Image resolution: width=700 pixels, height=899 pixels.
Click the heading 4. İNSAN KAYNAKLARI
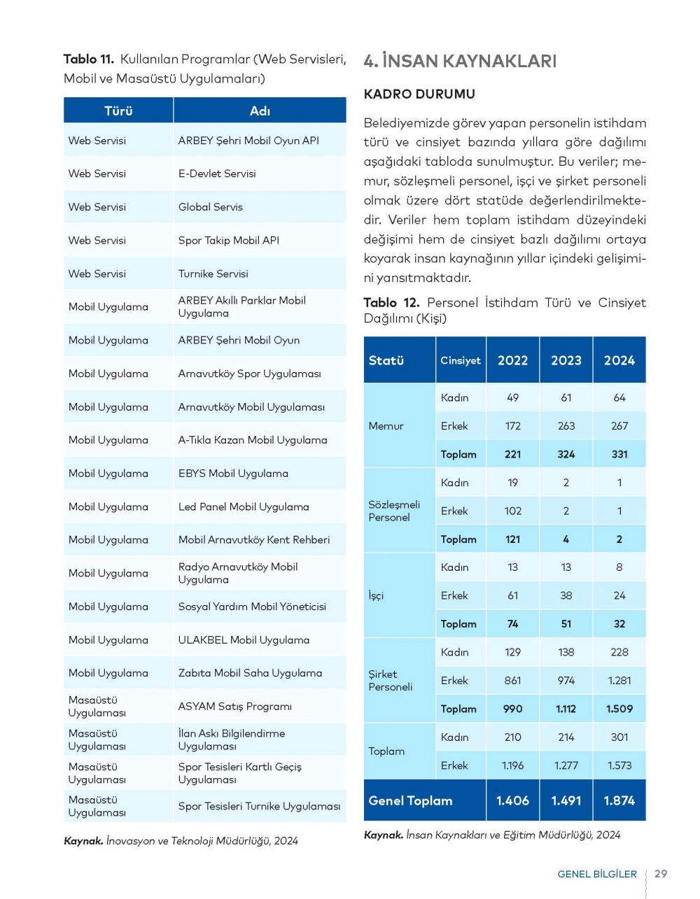(460, 62)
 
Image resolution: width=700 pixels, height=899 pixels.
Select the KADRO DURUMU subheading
(419, 94)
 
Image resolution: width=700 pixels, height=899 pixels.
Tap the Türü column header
(118, 111)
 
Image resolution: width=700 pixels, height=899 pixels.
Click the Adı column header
(260, 111)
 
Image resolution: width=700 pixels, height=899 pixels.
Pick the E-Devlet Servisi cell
(217, 174)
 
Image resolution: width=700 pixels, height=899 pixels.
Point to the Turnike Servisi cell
(213, 274)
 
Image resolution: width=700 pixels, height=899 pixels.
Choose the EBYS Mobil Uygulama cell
(233, 474)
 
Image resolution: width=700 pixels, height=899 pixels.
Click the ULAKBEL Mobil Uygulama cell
(244, 640)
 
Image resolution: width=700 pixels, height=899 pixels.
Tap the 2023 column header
(566, 360)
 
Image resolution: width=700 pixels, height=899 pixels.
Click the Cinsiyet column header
(460, 360)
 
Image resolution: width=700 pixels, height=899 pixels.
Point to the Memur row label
(386, 426)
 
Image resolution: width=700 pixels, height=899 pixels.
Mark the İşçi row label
(376, 596)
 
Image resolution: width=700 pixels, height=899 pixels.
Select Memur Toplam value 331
(619, 454)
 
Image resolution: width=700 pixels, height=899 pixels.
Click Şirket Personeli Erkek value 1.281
(619, 681)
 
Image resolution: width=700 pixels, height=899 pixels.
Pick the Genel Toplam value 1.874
(619, 800)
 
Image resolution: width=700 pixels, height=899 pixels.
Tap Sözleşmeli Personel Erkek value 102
(512, 511)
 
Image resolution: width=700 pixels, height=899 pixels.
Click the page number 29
(660, 874)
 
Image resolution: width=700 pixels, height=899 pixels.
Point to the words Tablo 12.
(391, 303)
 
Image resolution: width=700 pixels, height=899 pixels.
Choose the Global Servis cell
(210, 207)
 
